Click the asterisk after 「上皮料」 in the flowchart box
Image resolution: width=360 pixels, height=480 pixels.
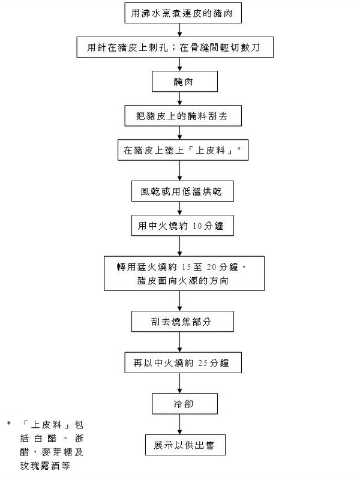point(238,149)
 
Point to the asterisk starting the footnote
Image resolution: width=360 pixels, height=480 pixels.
point(9,424)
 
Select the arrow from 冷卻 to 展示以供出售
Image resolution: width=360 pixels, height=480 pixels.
point(180,424)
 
